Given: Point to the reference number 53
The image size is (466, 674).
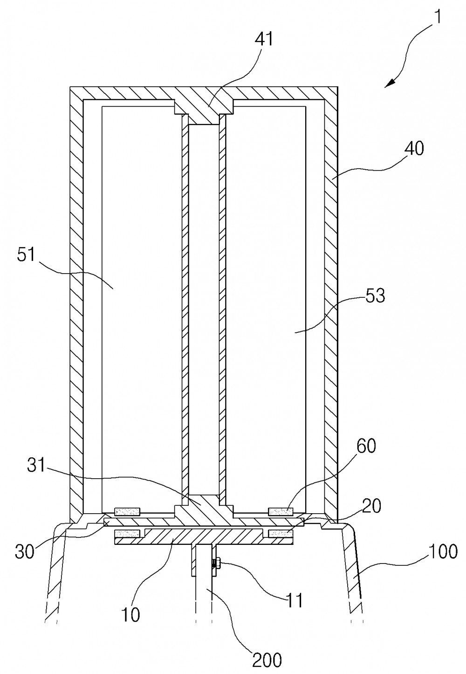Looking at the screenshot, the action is [x=375, y=296].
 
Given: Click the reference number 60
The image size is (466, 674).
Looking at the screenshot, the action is [x=366, y=446].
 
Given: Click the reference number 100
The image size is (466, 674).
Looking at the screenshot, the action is [x=443, y=551].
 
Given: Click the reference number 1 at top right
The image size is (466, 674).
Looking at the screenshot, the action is [x=438, y=17].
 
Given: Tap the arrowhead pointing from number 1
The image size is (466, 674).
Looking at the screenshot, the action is [x=390, y=83].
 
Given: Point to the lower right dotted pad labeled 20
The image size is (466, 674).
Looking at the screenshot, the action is [x=281, y=534].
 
